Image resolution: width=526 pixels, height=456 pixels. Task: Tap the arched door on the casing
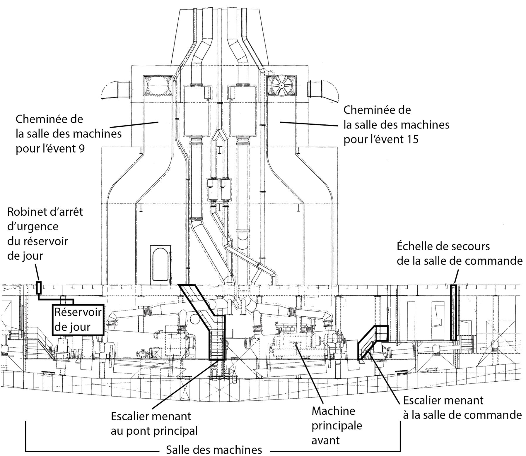(160, 264)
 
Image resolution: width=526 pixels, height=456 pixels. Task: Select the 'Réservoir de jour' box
(78, 320)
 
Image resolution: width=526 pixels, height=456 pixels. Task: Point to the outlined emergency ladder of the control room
(453, 313)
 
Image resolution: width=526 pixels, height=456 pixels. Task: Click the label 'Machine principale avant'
(336, 427)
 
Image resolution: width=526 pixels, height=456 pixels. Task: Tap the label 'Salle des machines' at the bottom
(214, 450)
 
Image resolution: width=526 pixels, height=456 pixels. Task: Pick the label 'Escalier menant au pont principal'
(154, 423)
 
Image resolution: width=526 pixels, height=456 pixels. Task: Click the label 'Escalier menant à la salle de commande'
(462, 407)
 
